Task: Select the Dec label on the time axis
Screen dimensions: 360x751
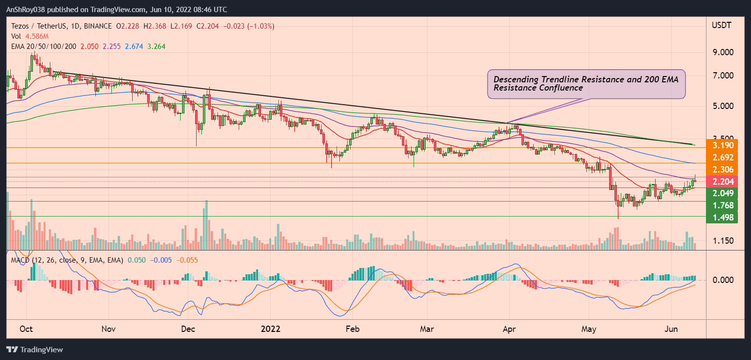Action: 188,329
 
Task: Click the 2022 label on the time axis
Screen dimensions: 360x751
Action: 270,329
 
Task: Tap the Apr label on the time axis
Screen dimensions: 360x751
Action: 509,329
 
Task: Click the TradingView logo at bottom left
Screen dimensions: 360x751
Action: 34,349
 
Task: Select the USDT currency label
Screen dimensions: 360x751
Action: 721,25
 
